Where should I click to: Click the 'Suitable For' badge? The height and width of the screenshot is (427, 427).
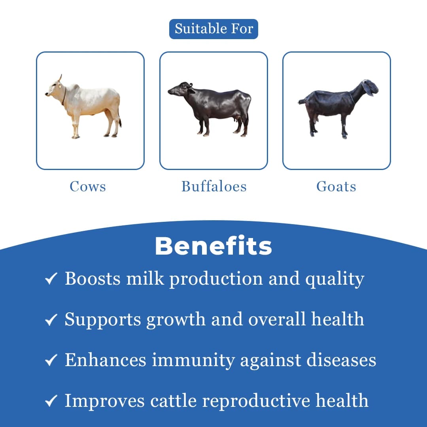click(213, 29)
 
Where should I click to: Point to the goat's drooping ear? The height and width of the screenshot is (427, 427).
click(368, 88)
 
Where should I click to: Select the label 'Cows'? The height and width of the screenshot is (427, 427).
click(88, 186)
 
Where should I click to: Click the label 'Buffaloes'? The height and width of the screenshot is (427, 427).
click(214, 186)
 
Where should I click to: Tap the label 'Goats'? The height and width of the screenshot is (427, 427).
click(336, 186)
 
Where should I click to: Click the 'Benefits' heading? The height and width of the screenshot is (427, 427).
click(213, 246)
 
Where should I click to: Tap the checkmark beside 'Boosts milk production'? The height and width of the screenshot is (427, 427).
click(51, 279)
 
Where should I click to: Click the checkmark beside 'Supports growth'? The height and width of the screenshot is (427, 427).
click(51, 319)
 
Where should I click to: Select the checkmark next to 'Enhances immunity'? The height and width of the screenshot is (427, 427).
click(51, 360)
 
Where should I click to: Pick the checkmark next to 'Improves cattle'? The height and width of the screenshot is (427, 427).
click(51, 401)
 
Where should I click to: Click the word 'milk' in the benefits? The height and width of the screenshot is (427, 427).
click(145, 278)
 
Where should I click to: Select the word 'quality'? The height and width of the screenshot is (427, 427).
click(334, 279)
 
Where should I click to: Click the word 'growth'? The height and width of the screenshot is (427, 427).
click(176, 319)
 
